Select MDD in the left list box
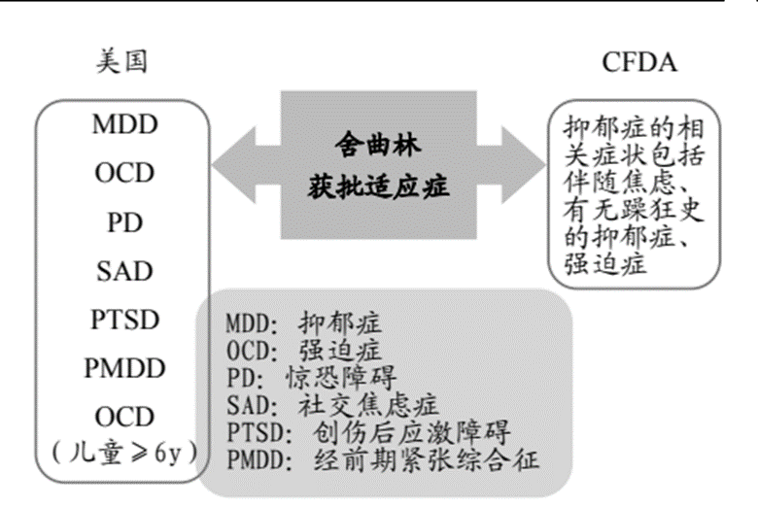[124, 125]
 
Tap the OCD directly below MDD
[124, 174]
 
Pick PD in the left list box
[124, 222]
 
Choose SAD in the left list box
[124, 271]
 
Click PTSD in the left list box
[124, 320]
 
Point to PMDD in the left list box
[124, 368]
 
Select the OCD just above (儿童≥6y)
[124, 417]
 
